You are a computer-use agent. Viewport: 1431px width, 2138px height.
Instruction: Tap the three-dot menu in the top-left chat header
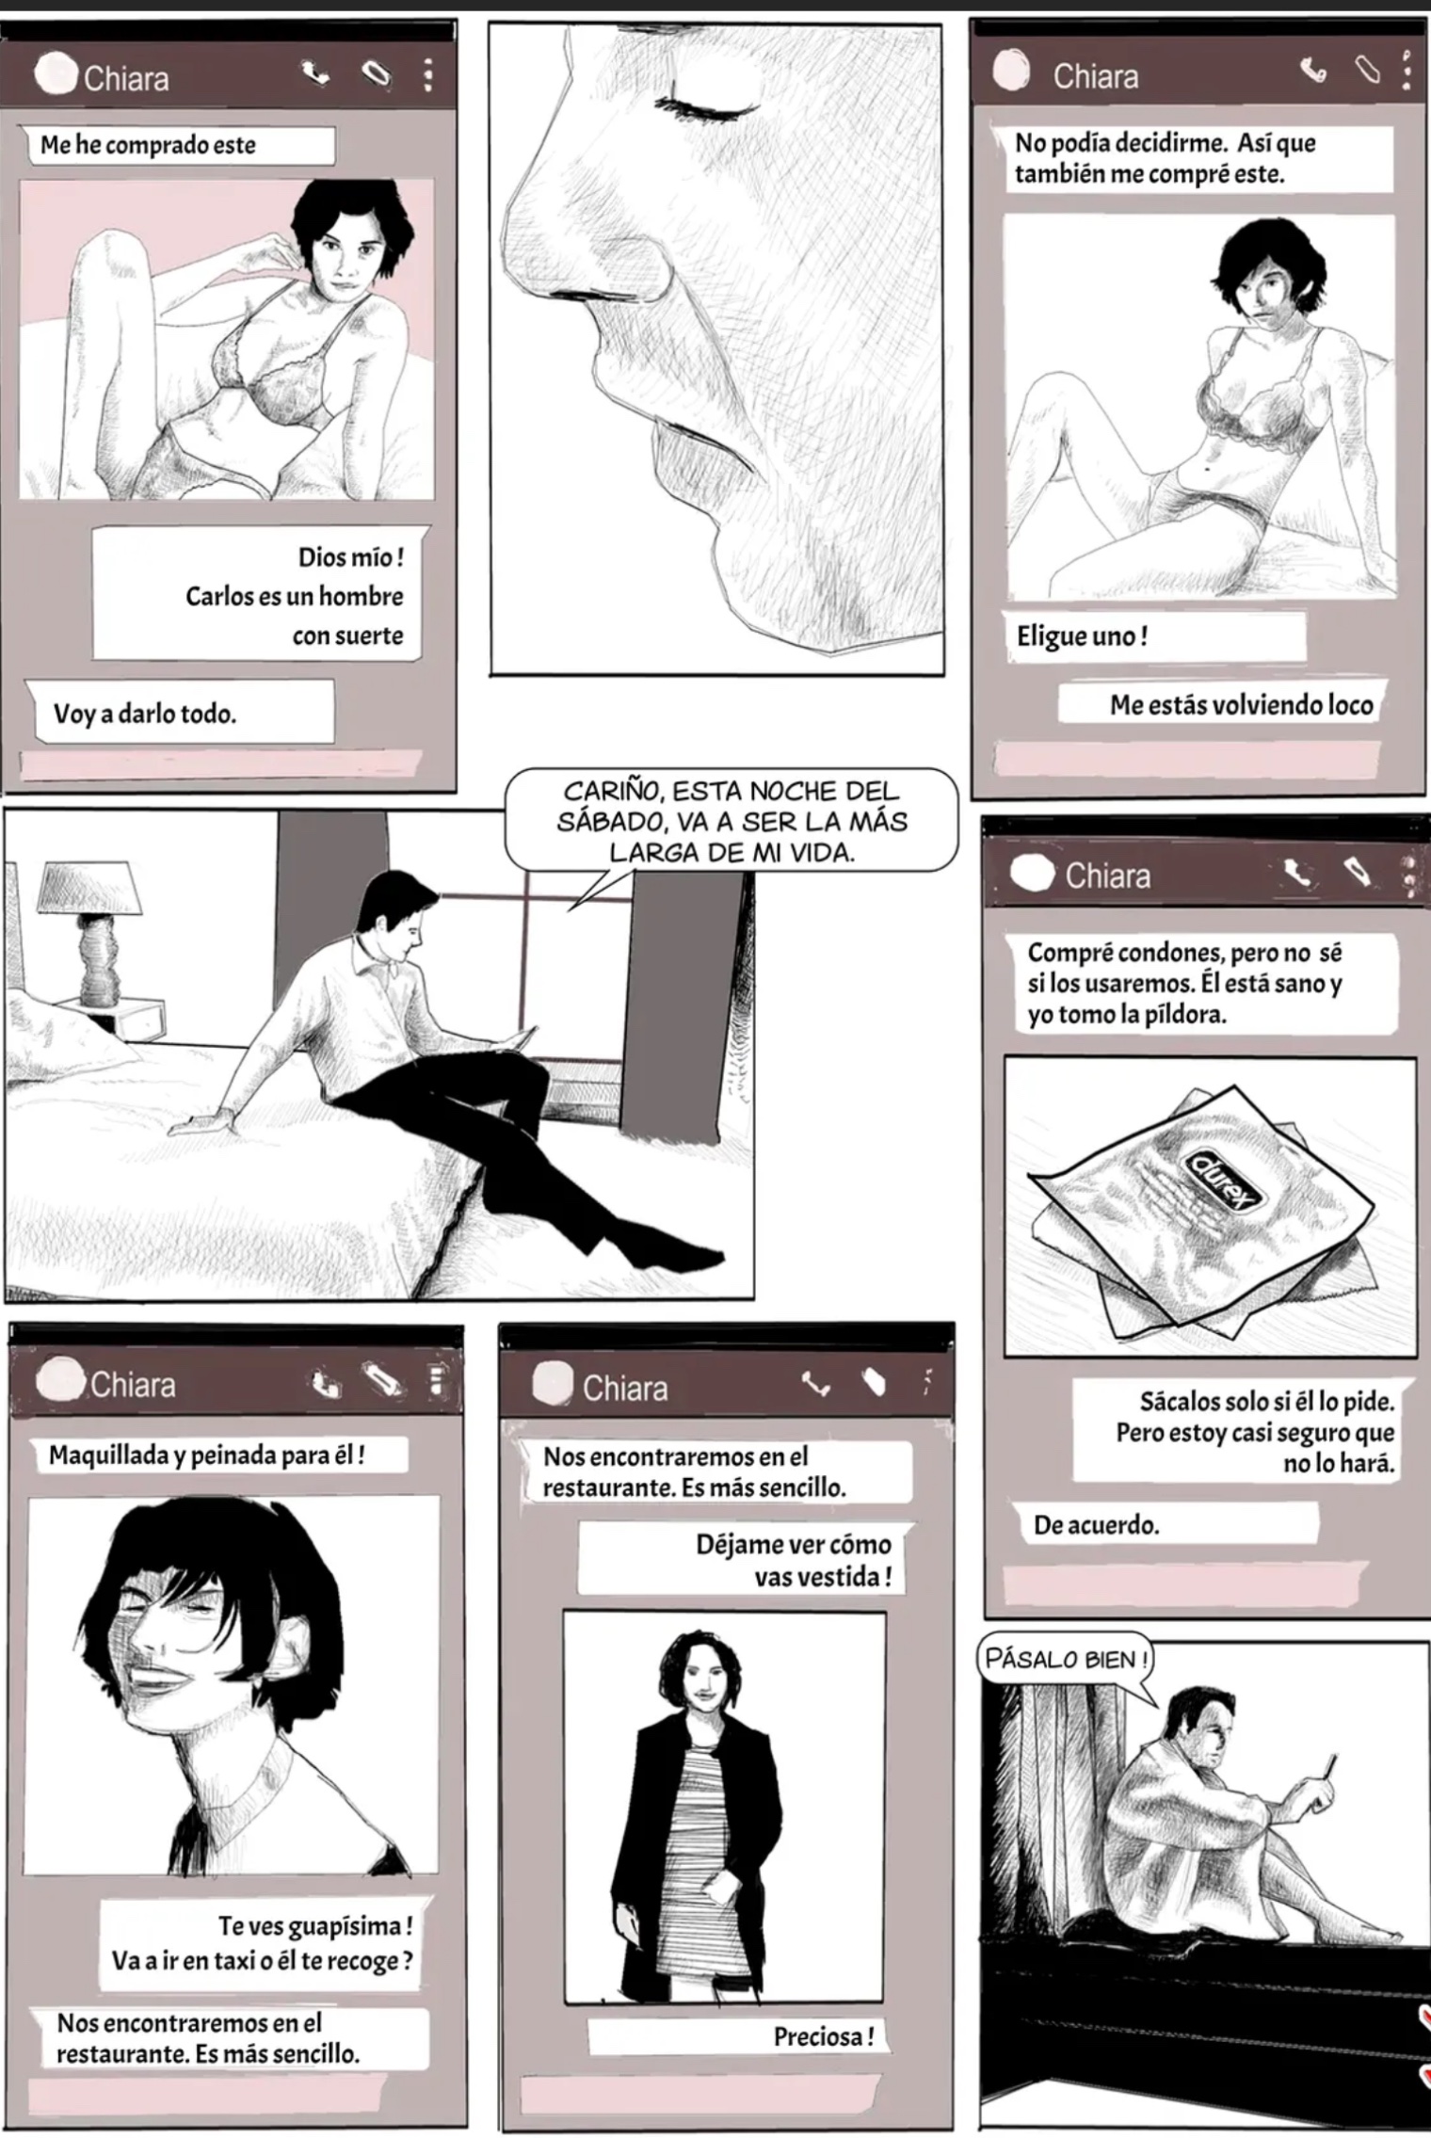pos(427,74)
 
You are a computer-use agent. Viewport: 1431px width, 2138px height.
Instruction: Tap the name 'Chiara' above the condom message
pos(1107,876)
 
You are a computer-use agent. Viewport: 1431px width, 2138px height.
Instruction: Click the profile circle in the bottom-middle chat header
pos(553,1383)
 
